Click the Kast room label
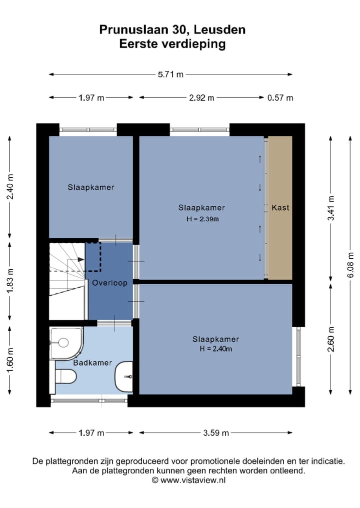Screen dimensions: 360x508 pos(280,208)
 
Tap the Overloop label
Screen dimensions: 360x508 pos(109,283)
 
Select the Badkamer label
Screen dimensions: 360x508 pos(92,363)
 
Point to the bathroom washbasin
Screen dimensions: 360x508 pos(124,376)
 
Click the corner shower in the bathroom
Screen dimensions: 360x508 pos(66,343)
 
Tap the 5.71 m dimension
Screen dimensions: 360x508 pos(170,74)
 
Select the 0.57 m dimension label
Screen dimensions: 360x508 pos(280,98)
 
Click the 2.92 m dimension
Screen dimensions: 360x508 pos(201,98)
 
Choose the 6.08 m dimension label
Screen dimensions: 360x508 pos(350,265)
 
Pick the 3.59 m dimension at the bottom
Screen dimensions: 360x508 pos(216,433)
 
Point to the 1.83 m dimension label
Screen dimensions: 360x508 pos(10,281)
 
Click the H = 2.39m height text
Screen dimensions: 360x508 pos(202,219)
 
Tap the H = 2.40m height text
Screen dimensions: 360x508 pos(215,349)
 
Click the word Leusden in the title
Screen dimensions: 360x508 pos(219,30)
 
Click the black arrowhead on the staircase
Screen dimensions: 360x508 pos(81,260)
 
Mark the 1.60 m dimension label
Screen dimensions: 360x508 pos(10,360)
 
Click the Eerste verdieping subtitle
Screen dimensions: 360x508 pos(172,44)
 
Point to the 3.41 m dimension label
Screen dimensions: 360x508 pos(331,208)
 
